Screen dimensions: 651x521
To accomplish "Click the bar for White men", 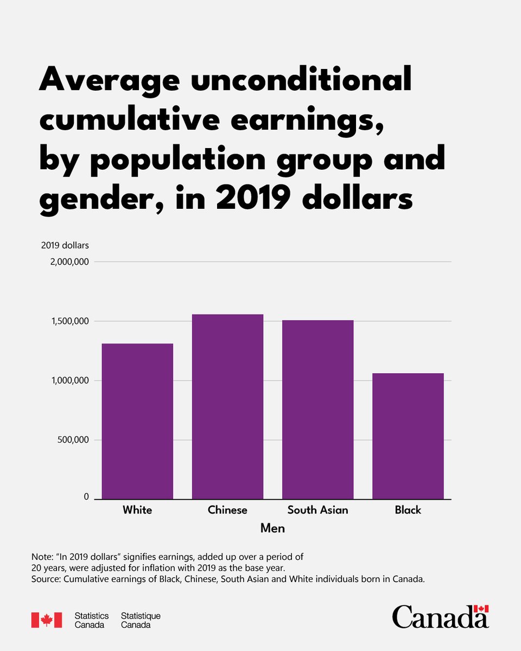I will pos(137,421).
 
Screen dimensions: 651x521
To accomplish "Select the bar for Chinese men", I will pos(227,406).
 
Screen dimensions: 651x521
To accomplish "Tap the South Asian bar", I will pos(317,410).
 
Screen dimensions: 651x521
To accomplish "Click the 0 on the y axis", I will pos(86,497).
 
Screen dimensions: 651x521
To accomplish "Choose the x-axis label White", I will pos(137,510).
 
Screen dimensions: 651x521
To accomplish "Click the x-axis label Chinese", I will pos(227,510).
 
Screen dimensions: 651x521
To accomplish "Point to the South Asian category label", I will pos(317,510).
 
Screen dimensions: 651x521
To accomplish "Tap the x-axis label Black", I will pos(408,510).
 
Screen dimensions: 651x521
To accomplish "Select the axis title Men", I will pos(272,528).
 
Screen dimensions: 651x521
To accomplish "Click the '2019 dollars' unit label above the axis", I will pos(65,245).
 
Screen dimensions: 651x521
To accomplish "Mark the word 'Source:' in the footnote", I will pos(47,579).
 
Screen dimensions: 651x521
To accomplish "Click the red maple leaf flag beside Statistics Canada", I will pos(46,620).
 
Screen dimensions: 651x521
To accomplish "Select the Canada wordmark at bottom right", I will pos(440,617).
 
